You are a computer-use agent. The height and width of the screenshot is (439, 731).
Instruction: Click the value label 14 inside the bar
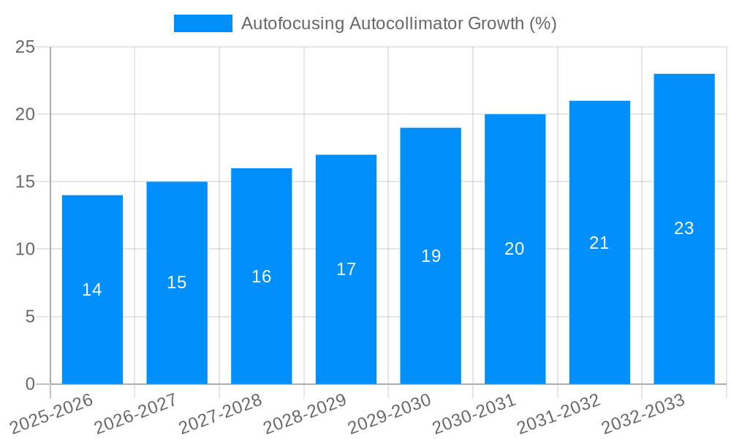92,290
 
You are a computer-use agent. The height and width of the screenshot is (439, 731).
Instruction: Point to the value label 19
431,256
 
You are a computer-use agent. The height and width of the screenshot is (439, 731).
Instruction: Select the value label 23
684,228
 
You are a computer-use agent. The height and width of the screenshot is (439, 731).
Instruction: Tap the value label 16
261,277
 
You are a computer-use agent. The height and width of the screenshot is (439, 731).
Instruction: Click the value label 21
599,243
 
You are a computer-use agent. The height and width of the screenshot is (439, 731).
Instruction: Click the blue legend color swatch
202,23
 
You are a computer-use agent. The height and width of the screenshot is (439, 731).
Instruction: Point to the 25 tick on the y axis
25,47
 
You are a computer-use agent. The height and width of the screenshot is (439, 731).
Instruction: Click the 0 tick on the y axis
30,384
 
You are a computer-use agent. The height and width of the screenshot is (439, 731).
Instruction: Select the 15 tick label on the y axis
25,181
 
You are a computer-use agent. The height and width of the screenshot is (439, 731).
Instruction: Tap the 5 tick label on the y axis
30,317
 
